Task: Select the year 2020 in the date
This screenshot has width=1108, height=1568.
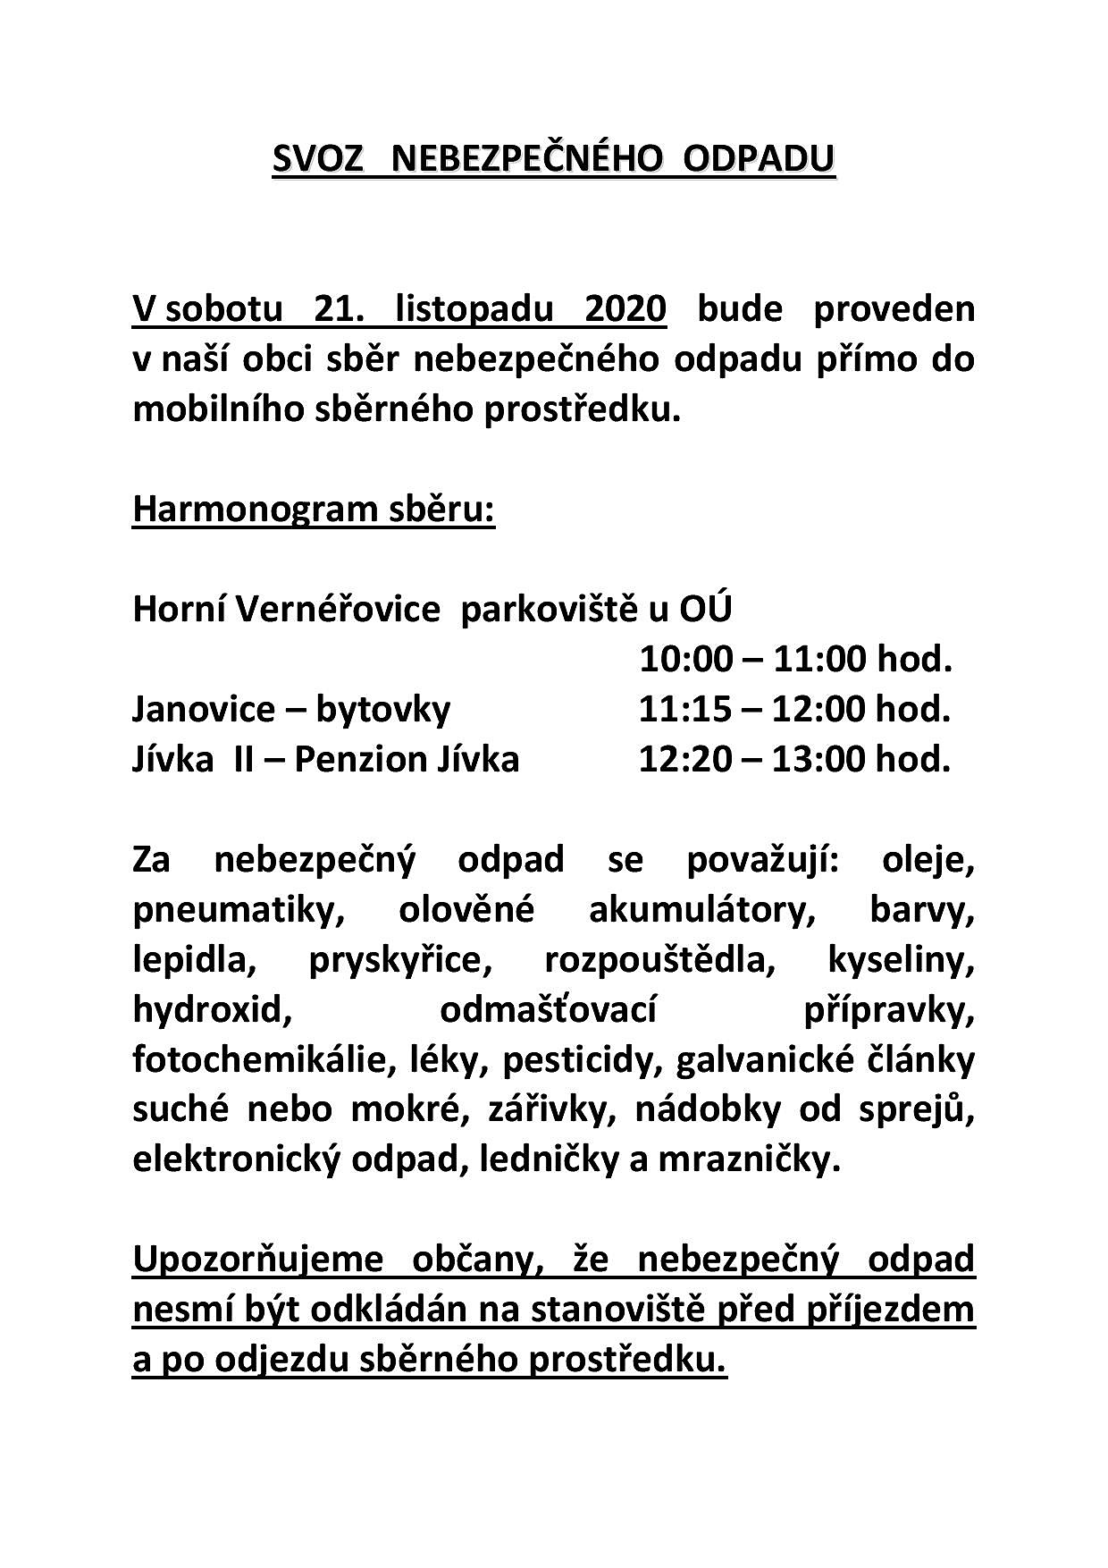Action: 625,308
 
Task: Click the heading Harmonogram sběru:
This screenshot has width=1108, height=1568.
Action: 313,510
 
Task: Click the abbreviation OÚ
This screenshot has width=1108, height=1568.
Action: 705,610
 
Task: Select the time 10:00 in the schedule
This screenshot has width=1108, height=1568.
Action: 677,660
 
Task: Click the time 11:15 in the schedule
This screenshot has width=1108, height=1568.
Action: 677,710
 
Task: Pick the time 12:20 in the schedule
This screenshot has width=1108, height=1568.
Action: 677,760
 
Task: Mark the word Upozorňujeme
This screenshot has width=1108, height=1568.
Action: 257,1260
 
